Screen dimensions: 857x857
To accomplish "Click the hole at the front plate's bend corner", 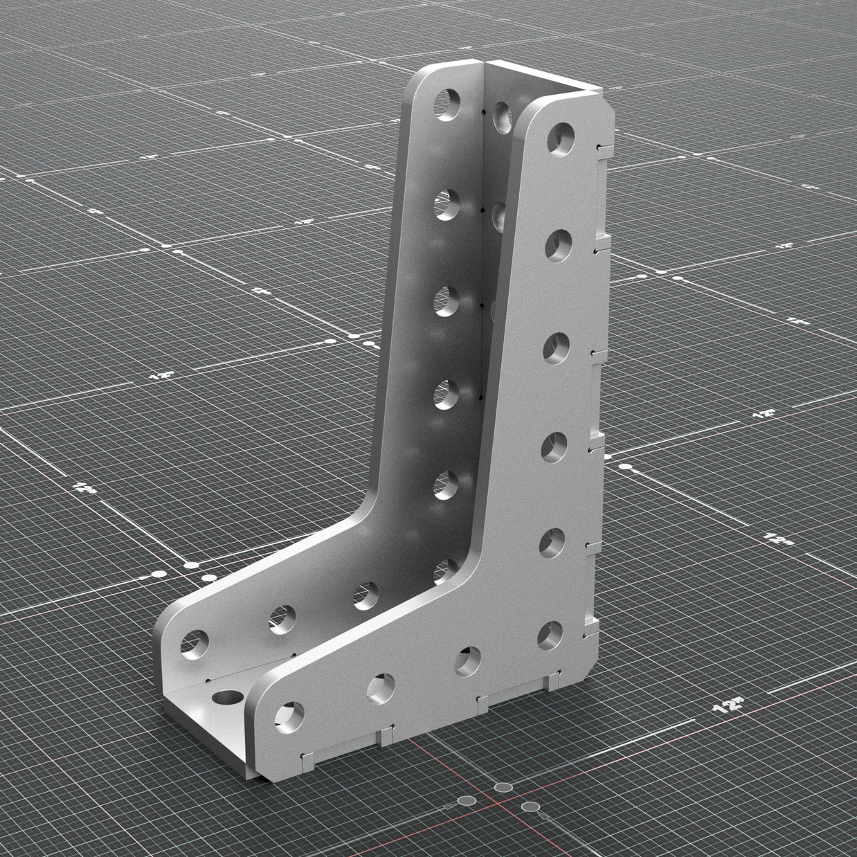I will pyautogui.click(x=549, y=633).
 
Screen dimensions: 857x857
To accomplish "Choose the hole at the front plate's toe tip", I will pyautogui.click(x=290, y=717).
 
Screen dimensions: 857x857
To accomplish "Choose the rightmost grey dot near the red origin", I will pyautogui.click(x=530, y=806).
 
